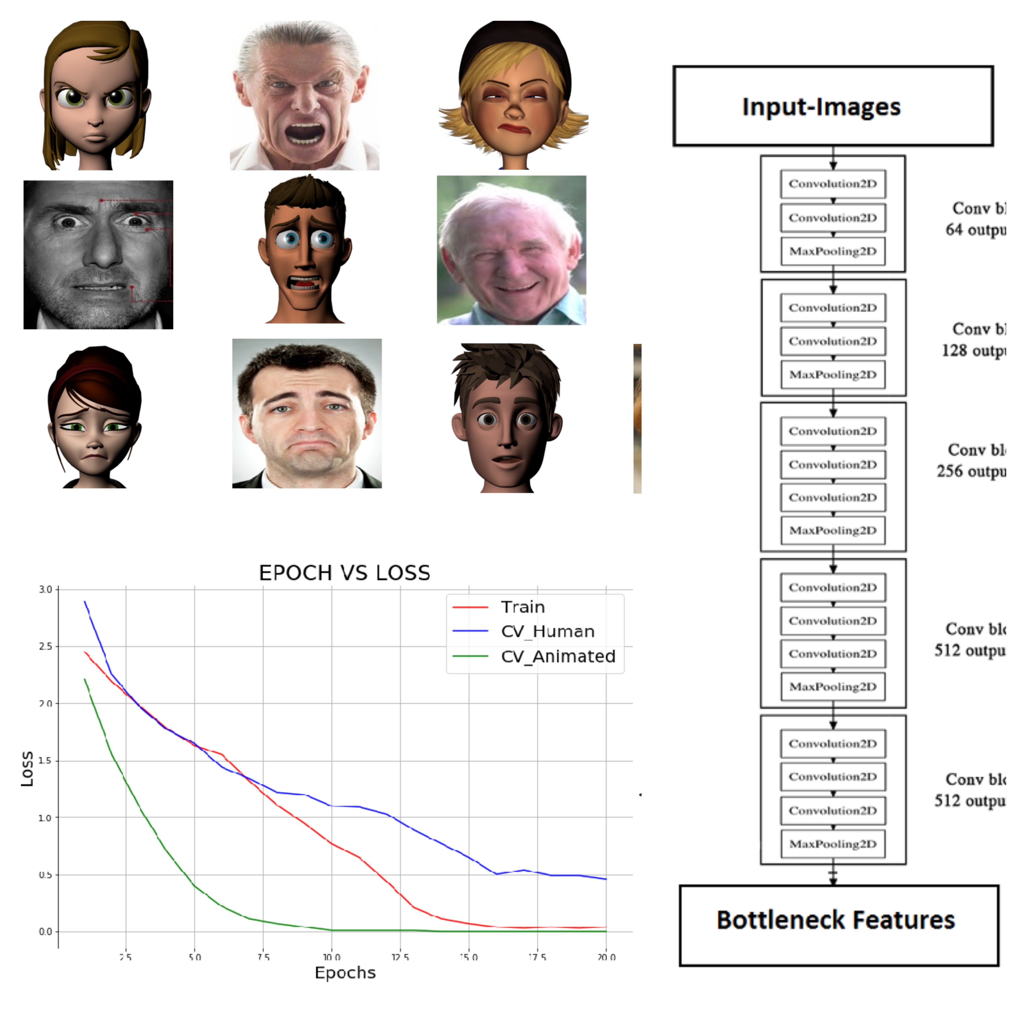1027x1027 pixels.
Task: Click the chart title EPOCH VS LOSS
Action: coord(345,573)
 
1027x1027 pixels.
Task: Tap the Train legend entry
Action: coord(522,607)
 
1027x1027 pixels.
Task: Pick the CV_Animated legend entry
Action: coord(558,656)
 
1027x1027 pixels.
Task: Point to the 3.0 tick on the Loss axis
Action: coord(45,590)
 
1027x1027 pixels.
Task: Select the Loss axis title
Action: coord(26,769)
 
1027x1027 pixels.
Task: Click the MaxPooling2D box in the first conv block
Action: coord(833,251)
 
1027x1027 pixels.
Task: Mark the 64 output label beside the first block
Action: coord(975,230)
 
